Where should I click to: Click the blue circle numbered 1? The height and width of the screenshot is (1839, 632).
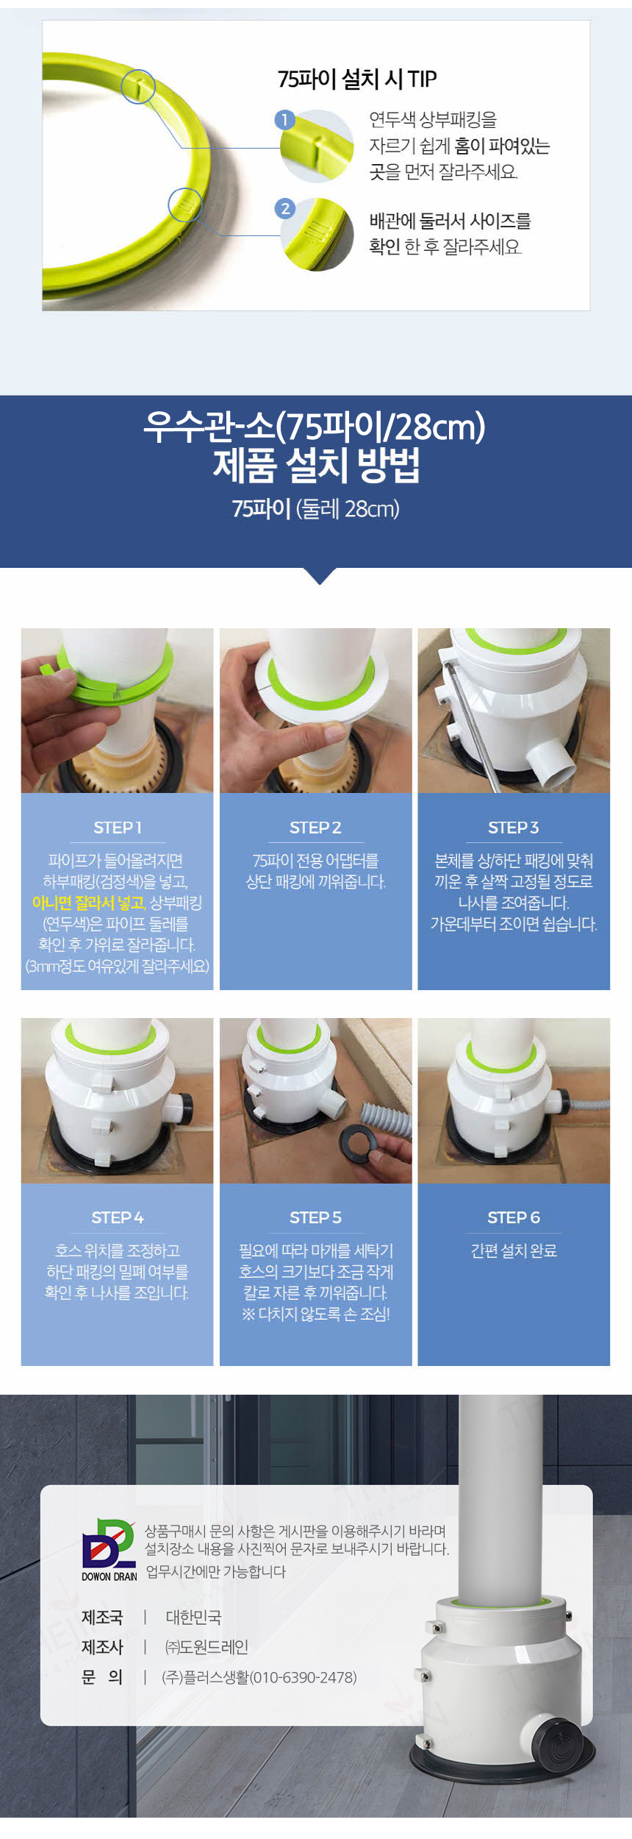point(284,120)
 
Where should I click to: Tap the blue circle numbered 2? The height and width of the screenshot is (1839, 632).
point(285,208)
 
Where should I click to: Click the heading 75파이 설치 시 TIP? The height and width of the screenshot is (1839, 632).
point(357,79)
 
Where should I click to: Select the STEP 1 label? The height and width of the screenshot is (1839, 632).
point(118,828)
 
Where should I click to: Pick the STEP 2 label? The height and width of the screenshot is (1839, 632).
point(315,828)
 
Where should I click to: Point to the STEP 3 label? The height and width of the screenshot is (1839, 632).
point(514,828)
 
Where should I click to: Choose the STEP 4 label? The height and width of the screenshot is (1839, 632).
point(118,1217)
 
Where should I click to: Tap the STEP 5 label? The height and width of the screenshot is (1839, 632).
point(315,1217)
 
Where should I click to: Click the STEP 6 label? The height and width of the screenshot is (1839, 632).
point(514,1217)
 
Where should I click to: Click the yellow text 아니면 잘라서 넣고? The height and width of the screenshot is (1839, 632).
point(89,903)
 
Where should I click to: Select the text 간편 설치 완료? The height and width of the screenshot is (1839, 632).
point(514,1251)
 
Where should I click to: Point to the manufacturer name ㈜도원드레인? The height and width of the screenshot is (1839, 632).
point(207,1647)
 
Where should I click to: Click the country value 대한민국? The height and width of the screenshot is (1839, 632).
point(193,1617)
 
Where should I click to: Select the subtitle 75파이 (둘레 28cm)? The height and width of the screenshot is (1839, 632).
point(316,508)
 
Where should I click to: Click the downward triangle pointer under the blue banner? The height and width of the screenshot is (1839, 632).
point(320,575)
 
